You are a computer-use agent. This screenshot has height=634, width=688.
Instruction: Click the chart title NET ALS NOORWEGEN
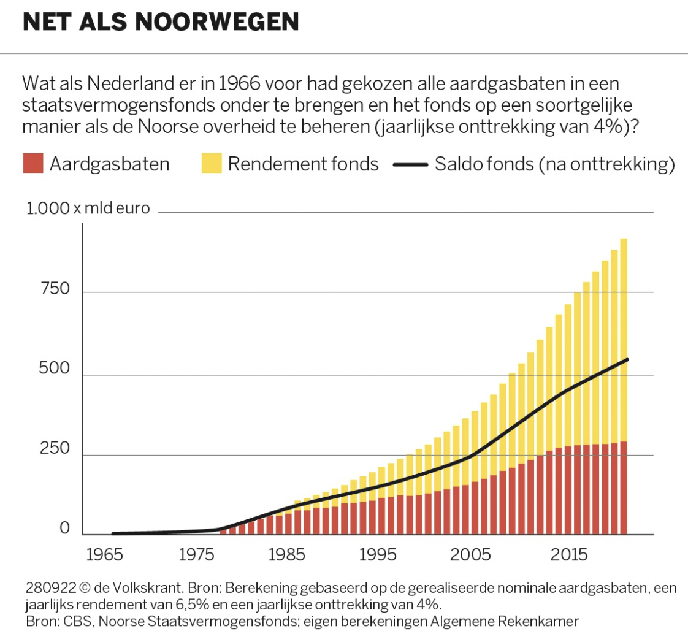pos(161,21)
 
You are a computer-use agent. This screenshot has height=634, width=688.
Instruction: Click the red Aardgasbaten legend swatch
pos(33,163)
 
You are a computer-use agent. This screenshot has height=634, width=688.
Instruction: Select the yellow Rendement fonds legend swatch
pos(212,163)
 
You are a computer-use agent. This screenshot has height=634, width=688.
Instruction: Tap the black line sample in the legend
pos(410,165)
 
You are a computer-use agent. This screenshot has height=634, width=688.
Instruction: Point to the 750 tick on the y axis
pos(55,289)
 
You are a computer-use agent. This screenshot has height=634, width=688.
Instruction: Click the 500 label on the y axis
pos(54,368)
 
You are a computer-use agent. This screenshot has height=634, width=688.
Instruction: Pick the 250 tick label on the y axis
pos(55,448)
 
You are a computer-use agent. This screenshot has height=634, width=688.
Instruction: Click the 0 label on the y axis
pos(64,528)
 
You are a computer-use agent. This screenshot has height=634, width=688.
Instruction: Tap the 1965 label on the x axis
pos(104,554)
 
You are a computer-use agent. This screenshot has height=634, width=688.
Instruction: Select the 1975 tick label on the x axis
pos(196,554)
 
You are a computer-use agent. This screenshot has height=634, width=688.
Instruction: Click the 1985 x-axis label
pos(286,554)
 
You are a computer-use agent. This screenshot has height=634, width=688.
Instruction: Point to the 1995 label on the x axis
pos(378,554)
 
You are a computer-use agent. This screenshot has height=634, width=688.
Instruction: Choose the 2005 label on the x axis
pos(470,554)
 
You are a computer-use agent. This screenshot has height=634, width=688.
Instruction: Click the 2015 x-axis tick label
pos(568,554)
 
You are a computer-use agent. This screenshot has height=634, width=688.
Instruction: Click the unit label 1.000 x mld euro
pos(88,208)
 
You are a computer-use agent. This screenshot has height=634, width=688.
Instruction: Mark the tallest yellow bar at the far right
pos(624,340)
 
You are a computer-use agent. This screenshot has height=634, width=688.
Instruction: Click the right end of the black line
pos(627,359)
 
